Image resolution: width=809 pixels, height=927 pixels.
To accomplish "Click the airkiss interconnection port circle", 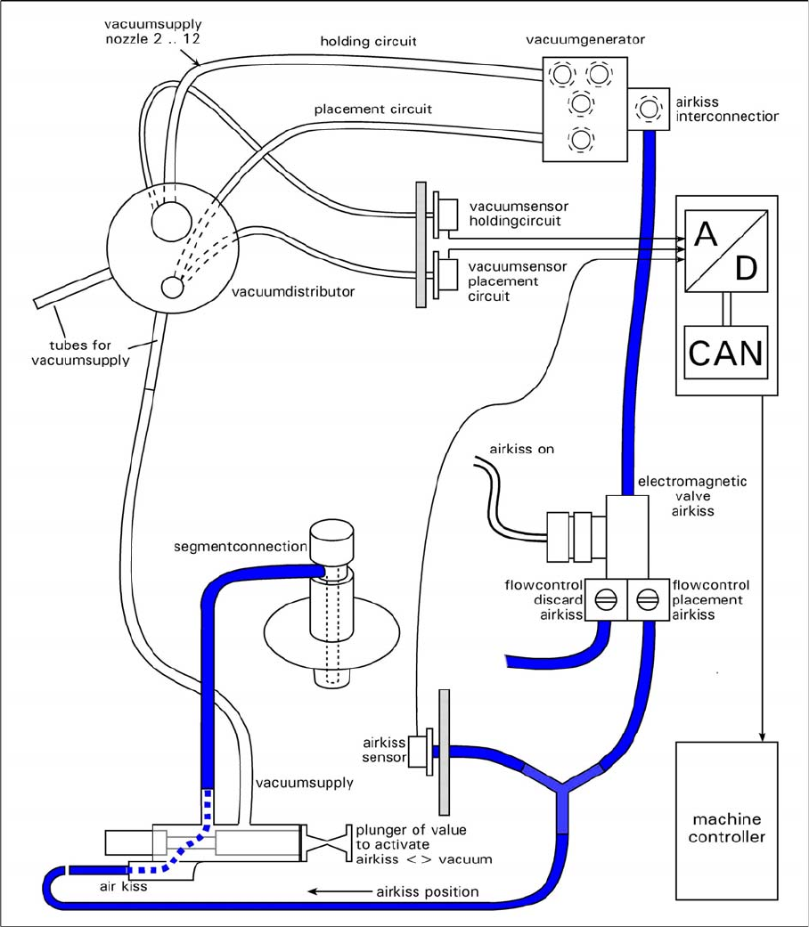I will click(646, 110).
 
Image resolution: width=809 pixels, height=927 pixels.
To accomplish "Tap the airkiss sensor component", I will click(419, 756).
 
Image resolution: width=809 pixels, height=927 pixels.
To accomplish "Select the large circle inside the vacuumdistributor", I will click(168, 220).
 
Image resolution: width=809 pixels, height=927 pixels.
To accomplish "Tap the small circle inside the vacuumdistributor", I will click(172, 287).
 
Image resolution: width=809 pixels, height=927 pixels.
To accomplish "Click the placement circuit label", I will click(373, 110).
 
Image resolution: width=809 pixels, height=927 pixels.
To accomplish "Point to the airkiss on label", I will click(521, 449).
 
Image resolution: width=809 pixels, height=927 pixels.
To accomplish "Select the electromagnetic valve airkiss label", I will click(691, 496).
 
